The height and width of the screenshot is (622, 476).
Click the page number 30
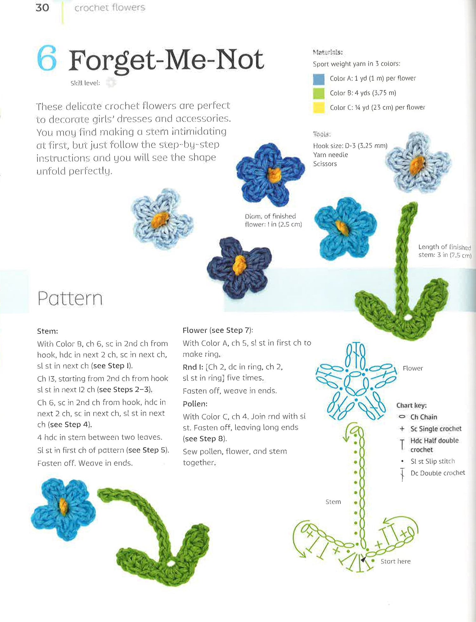pyautogui.click(x=42, y=8)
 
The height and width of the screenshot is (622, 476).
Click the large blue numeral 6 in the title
pyautogui.click(x=47, y=58)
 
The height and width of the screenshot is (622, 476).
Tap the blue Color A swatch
pyautogui.click(x=319, y=79)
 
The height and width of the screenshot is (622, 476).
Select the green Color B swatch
pyautogui.click(x=319, y=93)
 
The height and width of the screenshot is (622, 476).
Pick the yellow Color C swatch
pyautogui.click(x=319, y=108)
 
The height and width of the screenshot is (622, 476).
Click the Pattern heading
pyautogui.click(x=70, y=299)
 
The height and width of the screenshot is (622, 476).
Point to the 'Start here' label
pyautogui.click(x=395, y=561)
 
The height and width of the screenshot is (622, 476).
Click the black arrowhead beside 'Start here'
pyautogui.click(x=364, y=560)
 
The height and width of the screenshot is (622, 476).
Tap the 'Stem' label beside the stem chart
pyautogui.click(x=333, y=502)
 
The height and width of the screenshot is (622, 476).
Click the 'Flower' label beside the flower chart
pyautogui.click(x=413, y=368)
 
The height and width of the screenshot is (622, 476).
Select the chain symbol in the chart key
pyautogui.click(x=402, y=417)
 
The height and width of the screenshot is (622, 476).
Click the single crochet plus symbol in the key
pyautogui.click(x=402, y=429)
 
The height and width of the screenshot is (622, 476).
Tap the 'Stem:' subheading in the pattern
pyautogui.click(x=48, y=331)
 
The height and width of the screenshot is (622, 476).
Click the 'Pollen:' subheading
pyautogui.click(x=195, y=404)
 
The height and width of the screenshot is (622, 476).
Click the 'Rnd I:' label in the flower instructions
pyautogui.click(x=193, y=367)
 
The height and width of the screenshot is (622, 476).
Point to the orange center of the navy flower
pyautogui.click(x=239, y=265)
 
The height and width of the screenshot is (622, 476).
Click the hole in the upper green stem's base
pyautogui.click(x=407, y=317)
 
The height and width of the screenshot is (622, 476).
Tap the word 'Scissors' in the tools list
pyautogui.click(x=325, y=164)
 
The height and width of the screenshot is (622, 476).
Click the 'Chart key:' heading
pyautogui.click(x=411, y=405)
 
